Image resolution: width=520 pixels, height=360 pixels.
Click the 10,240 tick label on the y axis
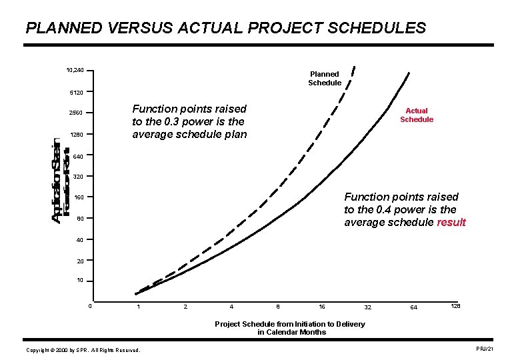[x=75, y=71]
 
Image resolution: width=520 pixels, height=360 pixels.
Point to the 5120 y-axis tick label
[x=75, y=91]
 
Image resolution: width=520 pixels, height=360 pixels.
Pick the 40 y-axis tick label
[x=81, y=239]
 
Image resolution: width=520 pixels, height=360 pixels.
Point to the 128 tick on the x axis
[x=456, y=305]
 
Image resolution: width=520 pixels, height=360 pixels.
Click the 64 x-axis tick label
[x=414, y=307]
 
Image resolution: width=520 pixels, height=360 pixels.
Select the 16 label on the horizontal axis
[x=322, y=307]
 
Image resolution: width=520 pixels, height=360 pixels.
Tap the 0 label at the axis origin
[x=90, y=307]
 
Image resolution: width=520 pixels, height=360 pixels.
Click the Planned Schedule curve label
[x=325, y=78]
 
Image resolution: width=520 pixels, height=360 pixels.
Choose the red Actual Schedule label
[x=417, y=115]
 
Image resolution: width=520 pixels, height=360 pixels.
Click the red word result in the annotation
[x=451, y=223]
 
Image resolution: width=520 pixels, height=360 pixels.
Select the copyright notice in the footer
[x=83, y=350]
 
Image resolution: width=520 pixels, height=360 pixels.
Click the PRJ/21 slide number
[x=485, y=349]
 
